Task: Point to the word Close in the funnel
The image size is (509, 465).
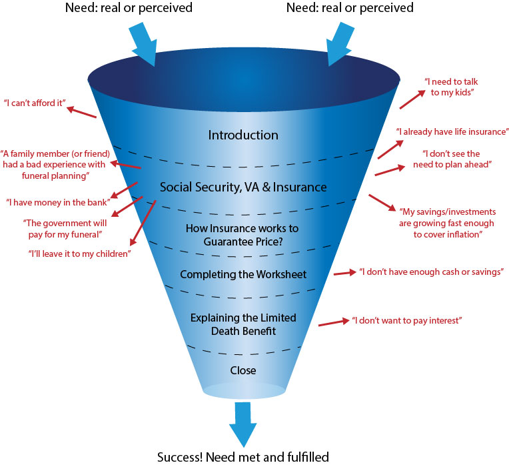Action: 243,370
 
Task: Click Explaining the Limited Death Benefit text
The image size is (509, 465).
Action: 243,323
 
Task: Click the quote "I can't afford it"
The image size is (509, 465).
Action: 34,103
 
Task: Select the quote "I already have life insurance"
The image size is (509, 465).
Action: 452,131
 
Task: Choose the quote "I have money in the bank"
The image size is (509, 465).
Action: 57,201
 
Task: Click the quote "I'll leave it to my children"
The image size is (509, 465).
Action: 79,254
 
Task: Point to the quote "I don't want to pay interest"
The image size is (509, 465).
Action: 407,321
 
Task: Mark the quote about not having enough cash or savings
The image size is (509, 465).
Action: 430,272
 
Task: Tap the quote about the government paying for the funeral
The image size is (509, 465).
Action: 62,227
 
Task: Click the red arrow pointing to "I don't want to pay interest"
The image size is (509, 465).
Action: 334,323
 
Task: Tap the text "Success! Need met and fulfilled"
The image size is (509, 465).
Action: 243,457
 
